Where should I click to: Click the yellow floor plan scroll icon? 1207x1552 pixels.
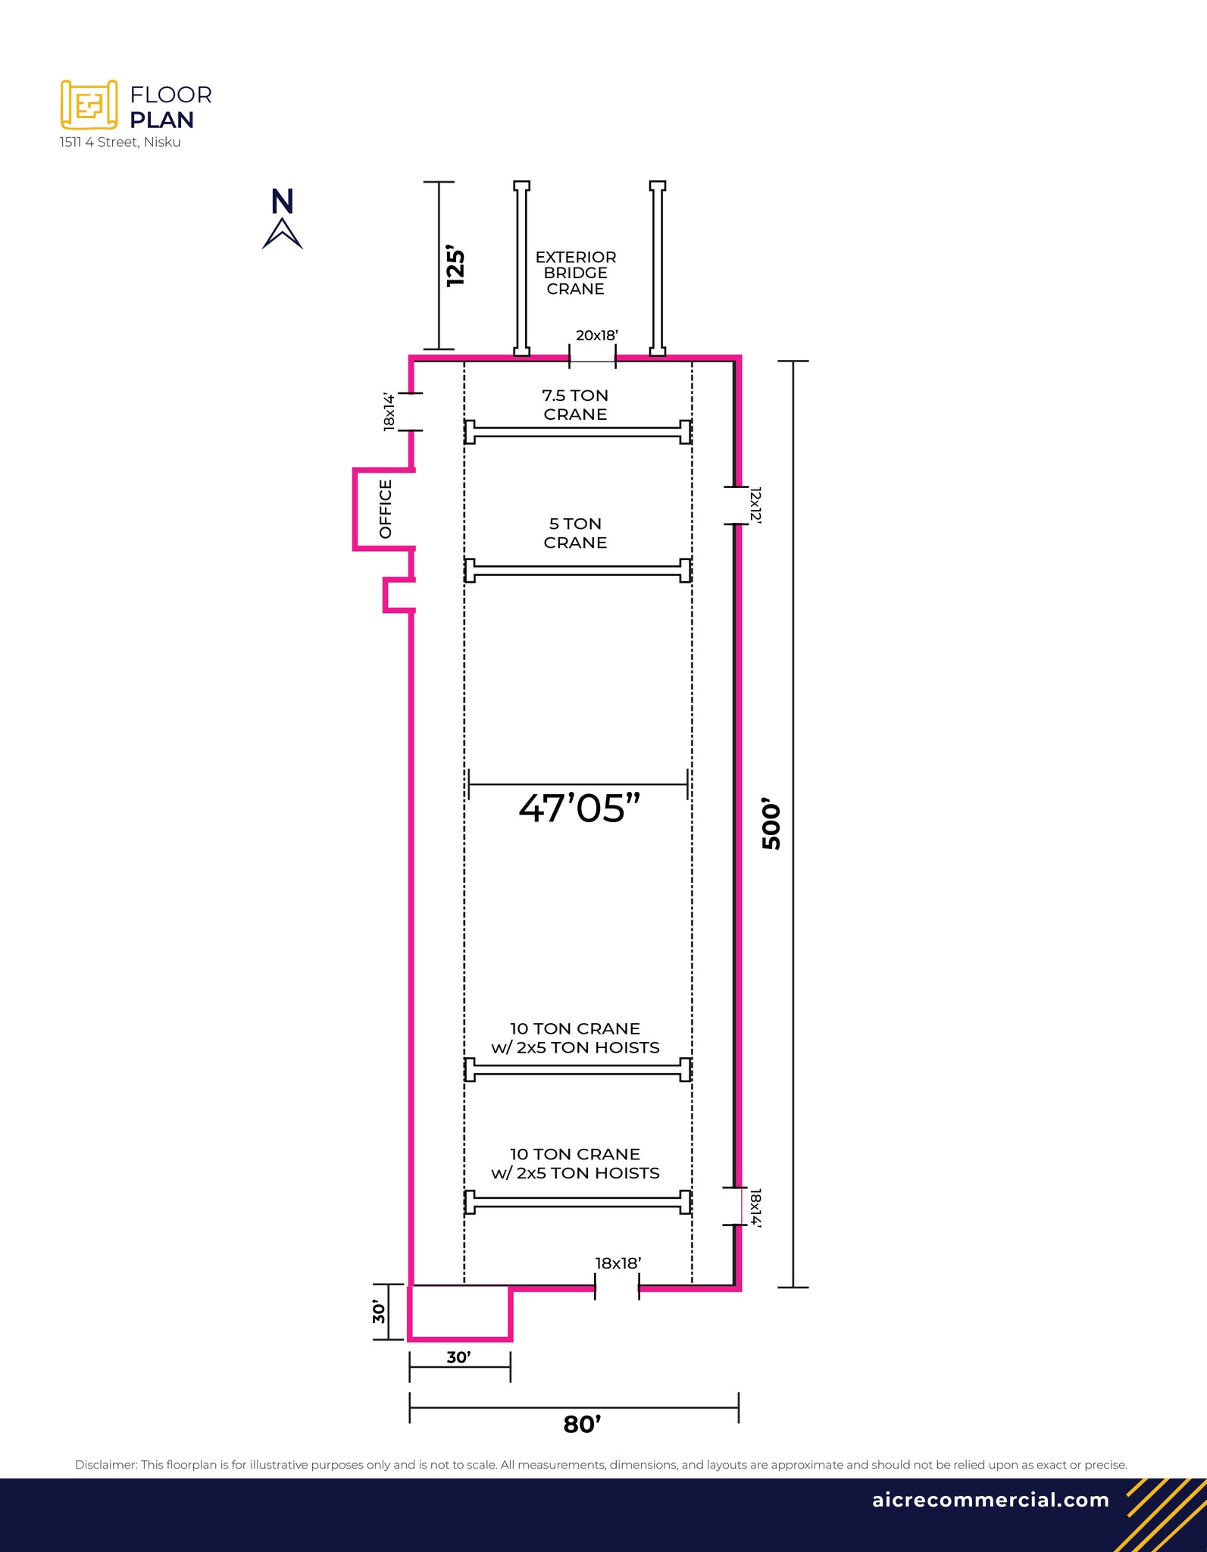click(89, 105)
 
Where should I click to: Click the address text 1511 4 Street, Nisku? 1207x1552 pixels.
click(120, 142)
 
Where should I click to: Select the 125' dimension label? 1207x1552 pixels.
click(455, 265)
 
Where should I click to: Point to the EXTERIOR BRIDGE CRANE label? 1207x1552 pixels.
click(575, 273)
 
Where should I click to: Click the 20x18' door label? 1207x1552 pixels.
click(597, 335)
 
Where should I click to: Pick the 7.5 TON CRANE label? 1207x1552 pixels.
click(575, 405)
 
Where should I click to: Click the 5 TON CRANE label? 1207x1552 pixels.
click(575, 533)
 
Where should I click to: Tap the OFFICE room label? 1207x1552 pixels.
click(386, 508)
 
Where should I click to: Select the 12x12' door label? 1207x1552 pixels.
click(755, 505)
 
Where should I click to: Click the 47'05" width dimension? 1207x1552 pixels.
click(580, 808)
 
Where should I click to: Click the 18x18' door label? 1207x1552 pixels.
click(618, 1263)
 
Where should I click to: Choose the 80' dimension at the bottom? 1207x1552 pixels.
click(582, 1425)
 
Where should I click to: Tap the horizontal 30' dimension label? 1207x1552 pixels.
click(458, 1357)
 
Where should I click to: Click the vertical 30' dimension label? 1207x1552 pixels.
click(379, 1312)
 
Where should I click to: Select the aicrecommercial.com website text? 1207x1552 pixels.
click(990, 1500)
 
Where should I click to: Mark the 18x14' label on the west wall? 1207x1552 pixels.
click(389, 412)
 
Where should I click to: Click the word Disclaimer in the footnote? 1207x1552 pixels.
click(105, 1465)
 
